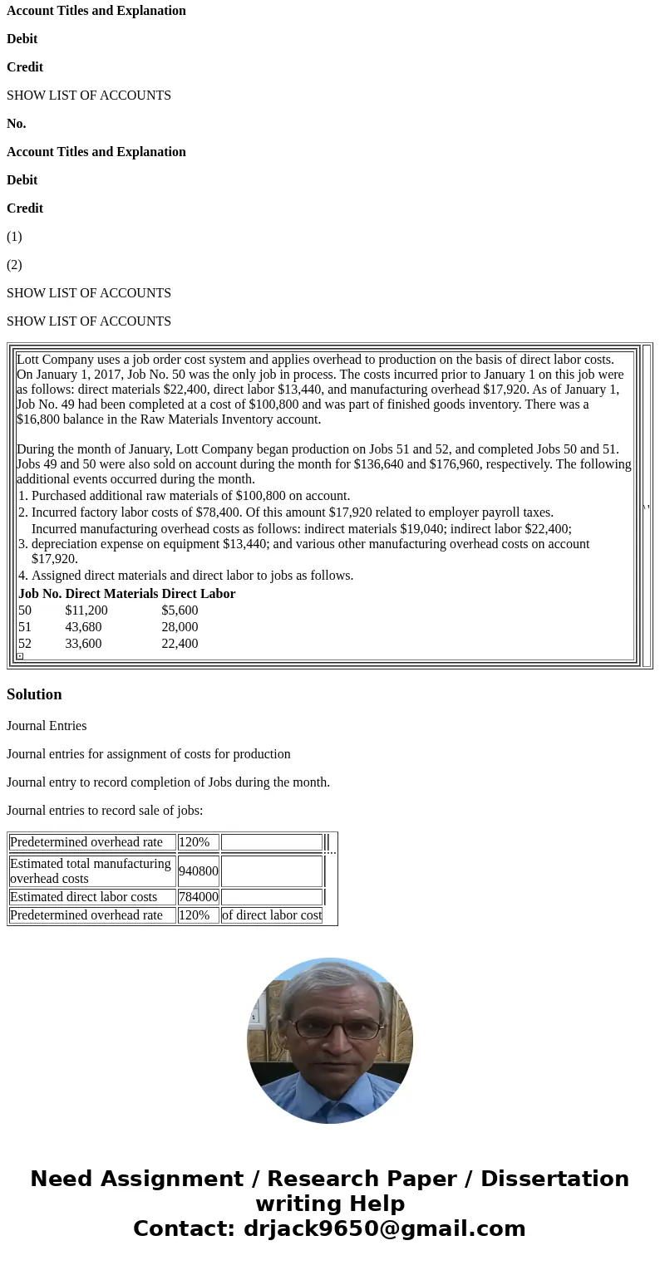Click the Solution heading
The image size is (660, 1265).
(34, 694)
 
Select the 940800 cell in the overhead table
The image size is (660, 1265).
(198, 871)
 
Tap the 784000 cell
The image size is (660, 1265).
(198, 897)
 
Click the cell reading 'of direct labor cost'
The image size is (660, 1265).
(271, 915)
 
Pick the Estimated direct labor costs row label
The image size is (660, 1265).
(83, 897)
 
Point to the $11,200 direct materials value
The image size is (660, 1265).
(86, 610)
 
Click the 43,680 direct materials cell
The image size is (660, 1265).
(83, 627)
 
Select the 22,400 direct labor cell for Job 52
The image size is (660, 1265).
(180, 644)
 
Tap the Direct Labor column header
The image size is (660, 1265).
(198, 594)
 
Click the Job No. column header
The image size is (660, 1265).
(40, 594)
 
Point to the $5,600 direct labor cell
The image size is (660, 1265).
(180, 610)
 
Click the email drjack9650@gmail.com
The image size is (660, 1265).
(384, 1229)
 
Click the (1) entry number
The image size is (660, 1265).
(14, 237)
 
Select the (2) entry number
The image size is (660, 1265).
(14, 265)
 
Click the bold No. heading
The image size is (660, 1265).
(16, 124)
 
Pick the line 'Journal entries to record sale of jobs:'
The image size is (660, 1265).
(105, 811)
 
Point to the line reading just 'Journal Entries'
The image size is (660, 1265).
(47, 726)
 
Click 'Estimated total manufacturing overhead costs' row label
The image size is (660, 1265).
(91, 871)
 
